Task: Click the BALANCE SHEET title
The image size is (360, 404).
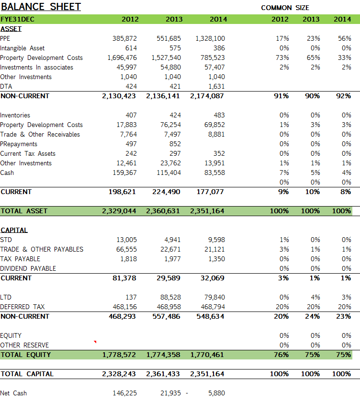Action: click(41, 7)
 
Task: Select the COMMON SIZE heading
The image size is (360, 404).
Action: click(285, 8)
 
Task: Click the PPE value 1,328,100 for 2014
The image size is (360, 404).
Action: click(210, 38)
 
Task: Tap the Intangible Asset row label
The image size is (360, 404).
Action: click(22, 48)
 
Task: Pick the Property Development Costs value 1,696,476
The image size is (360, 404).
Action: click(122, 58)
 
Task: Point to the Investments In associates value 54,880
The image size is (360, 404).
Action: click(169, 67)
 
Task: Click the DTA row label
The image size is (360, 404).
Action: click(6, 86)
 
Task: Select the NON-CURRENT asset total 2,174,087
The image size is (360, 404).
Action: click(207, 96)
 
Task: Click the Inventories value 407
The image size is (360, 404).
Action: click(131, 115)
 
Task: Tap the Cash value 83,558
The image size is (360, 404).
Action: click(214, 173)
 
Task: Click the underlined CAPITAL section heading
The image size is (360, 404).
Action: click(14, 230)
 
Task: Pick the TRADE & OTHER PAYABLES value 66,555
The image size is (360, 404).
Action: click(126, 249)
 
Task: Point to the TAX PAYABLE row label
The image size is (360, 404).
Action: click(20, 259)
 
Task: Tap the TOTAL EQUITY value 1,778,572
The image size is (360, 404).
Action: click(120, 355)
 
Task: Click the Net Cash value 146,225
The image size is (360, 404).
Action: click(124, 393)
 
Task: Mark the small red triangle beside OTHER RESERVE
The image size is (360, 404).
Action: click(95, 342)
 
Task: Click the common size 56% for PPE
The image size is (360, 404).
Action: click(344, 38)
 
